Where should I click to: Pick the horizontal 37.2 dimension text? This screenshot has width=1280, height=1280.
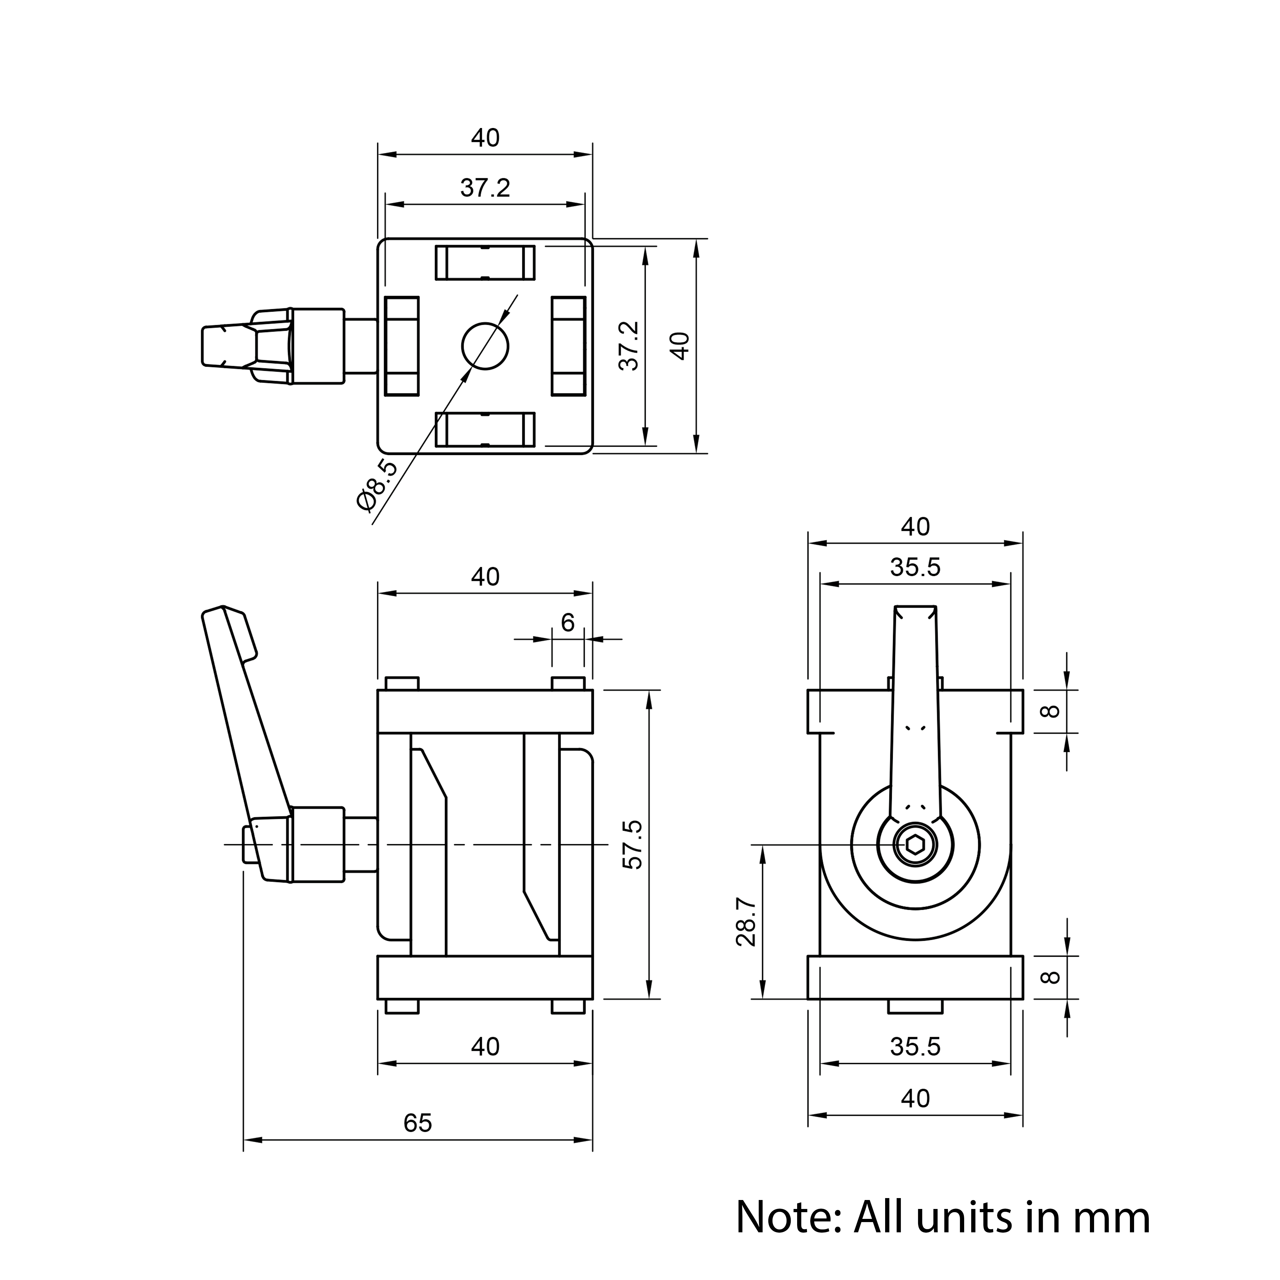485,188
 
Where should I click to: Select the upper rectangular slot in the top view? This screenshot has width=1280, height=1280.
485,262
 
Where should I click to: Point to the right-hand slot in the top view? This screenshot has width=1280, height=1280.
568,346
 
